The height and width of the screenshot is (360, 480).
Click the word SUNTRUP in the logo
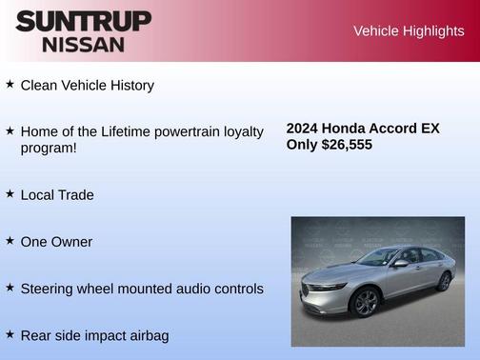(83, 21)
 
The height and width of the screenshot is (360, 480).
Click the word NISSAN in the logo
(83, 44)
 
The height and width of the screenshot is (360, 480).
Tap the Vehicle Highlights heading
(409, 31)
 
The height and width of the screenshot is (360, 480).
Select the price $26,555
(348, 145)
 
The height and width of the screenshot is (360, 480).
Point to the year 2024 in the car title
(303, 129)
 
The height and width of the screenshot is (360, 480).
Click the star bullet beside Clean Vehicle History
(10, 84)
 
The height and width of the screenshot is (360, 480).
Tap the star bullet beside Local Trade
(10, 193)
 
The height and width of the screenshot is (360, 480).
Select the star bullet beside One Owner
(10, 240)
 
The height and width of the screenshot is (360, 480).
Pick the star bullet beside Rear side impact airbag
(10, 333)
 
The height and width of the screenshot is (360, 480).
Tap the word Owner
(72, 242)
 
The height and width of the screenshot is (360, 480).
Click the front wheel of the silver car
(366, 302)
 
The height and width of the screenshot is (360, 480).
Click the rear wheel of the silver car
(444, 282)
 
